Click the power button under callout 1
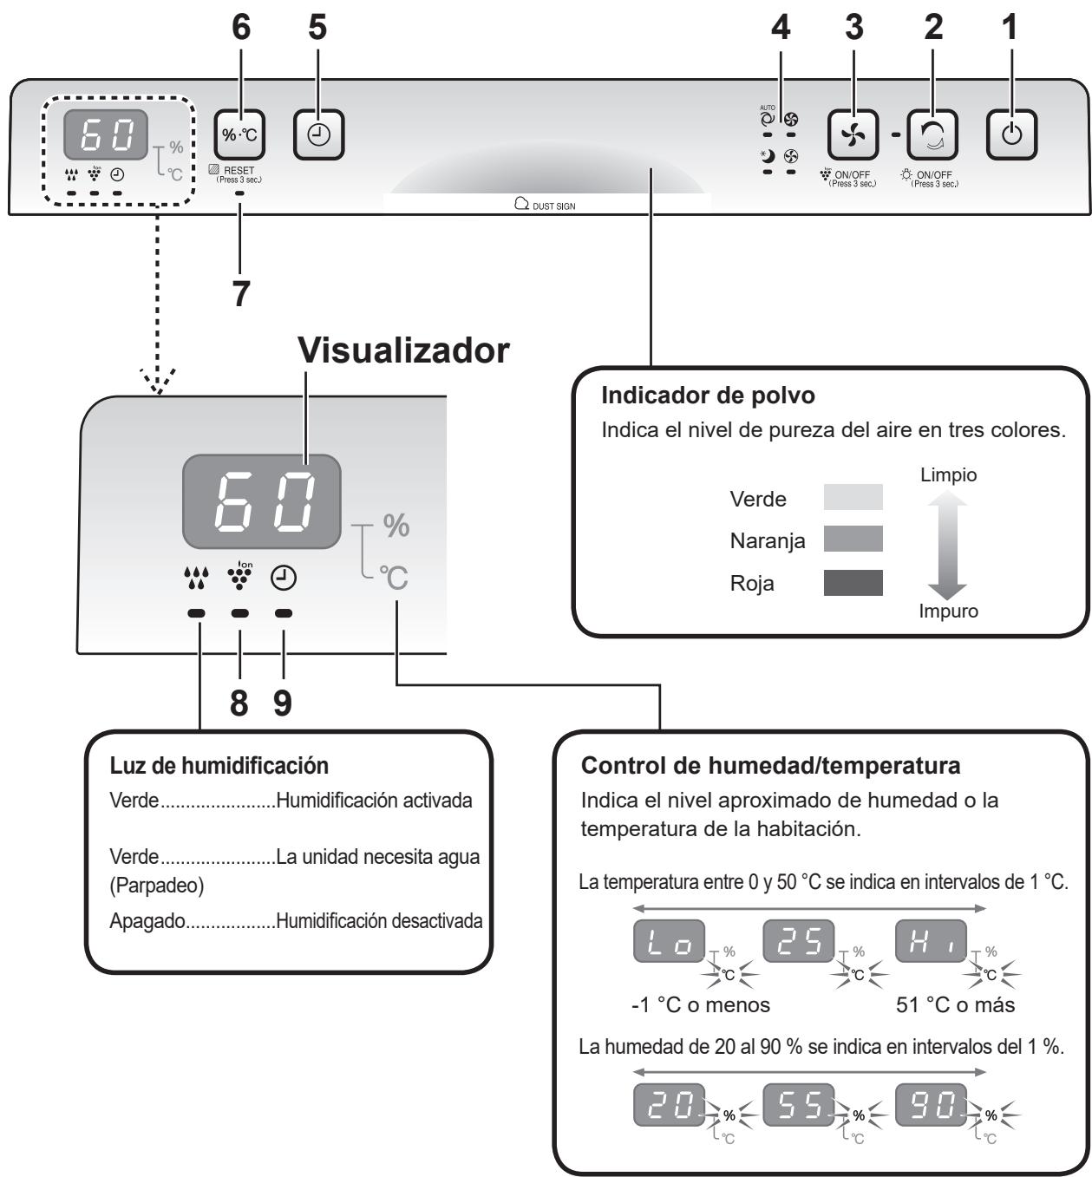pyautogui.click(x=1011, y=134)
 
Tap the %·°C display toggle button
pyautogui.click(x=239, y=134)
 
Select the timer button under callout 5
pyautogui.click(x=319, y=134)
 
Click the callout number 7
pyautogui.click(x=240, y=293)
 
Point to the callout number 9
pyautogui.click(x=283, y=703)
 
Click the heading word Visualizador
pyautogui.click(x=403, y=350)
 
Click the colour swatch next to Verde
pyautogui.click(x=853, y=497)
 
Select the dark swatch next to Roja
pyautogui.click(x=853, y=583)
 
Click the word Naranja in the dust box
pyautogui.click(x=767, y=542)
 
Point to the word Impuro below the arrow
pyautogui.click(x=949, y=611)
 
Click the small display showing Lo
pyautogui.click(x=670, y=940)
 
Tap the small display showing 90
pyautogui.click(x=931, y=1105)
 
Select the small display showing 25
pyautogui.click(x=799, y=940)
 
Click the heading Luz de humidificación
pyautogui.click(x=219, y=766)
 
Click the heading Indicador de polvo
pyautogui.click(x=708, y=396)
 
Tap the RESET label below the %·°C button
pyautogui.click(x=239, y=170)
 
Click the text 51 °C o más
pyautogui.click(x=956, y=1005)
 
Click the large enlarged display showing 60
pyautogui.click(x=261, y=501)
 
